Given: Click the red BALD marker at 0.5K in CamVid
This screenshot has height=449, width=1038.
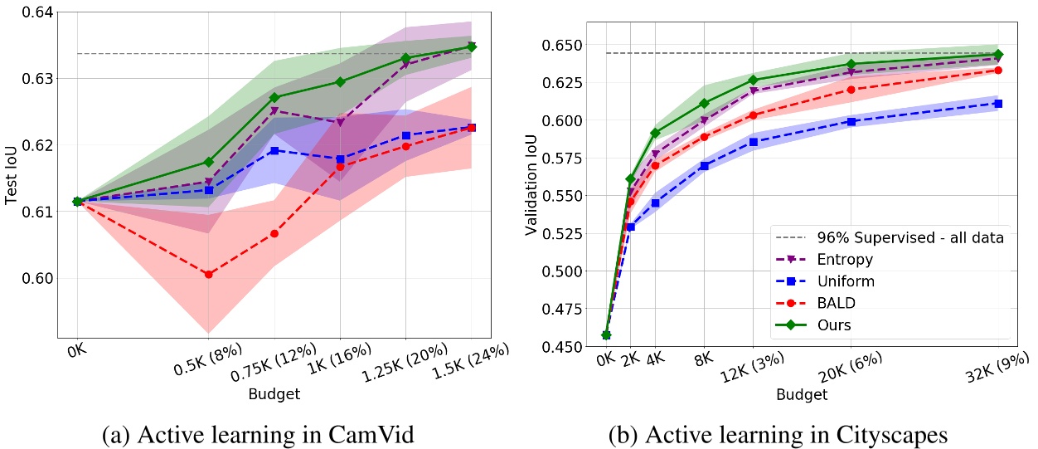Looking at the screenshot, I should click(208, 274).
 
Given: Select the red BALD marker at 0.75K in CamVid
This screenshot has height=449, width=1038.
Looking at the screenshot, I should click(274, 233).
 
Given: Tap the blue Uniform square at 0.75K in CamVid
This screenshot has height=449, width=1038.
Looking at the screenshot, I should click(274, 150).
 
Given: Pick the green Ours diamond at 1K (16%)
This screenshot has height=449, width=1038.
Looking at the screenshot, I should click(340, 81).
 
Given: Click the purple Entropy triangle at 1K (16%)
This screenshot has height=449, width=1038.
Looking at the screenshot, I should click(340, 122).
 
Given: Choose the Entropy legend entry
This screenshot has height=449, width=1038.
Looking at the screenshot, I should click(843, 259).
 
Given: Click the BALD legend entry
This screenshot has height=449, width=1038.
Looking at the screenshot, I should click(836, 303).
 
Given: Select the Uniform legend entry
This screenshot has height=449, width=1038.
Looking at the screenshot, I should click(846, 281).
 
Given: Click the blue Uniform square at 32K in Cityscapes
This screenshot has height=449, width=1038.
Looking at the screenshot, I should click(997, 104).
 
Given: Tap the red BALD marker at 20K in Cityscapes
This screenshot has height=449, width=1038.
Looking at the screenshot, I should click(851, 89).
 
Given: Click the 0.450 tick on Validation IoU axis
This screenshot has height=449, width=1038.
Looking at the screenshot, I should click(571, 346).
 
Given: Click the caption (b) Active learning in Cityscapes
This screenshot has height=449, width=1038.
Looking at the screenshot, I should click(778, 432).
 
